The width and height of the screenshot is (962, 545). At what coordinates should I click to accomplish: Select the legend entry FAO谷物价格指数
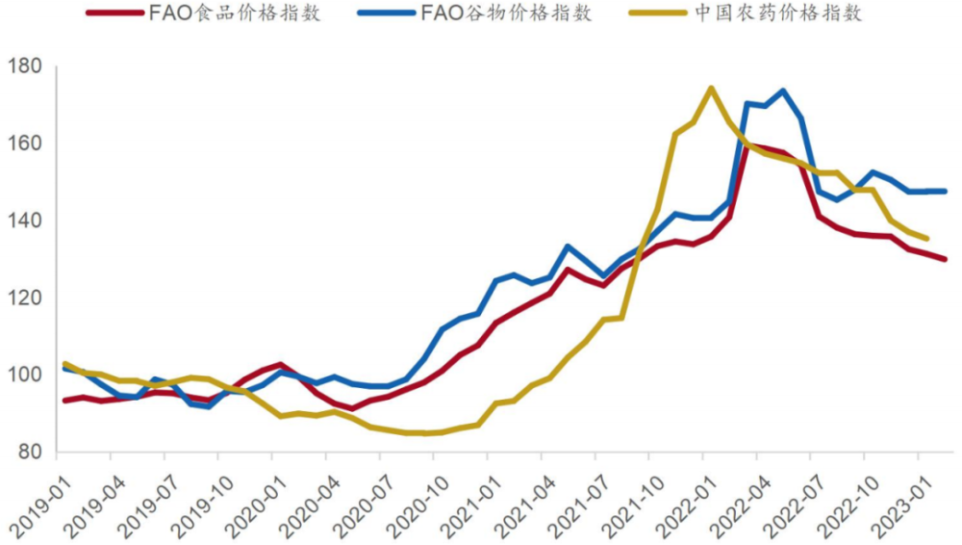pos(506,13)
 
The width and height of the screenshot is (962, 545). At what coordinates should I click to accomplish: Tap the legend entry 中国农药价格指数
pos(776,13)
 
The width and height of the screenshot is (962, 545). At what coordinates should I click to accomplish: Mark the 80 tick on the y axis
pos(29,452)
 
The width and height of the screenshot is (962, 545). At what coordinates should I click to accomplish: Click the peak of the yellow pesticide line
pos(710,89)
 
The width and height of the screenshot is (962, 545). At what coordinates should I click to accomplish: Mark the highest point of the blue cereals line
pos(782,91)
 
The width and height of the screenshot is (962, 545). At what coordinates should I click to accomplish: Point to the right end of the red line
pos(945,259)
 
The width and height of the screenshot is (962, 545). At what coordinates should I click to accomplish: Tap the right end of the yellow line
pos(926,238)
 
